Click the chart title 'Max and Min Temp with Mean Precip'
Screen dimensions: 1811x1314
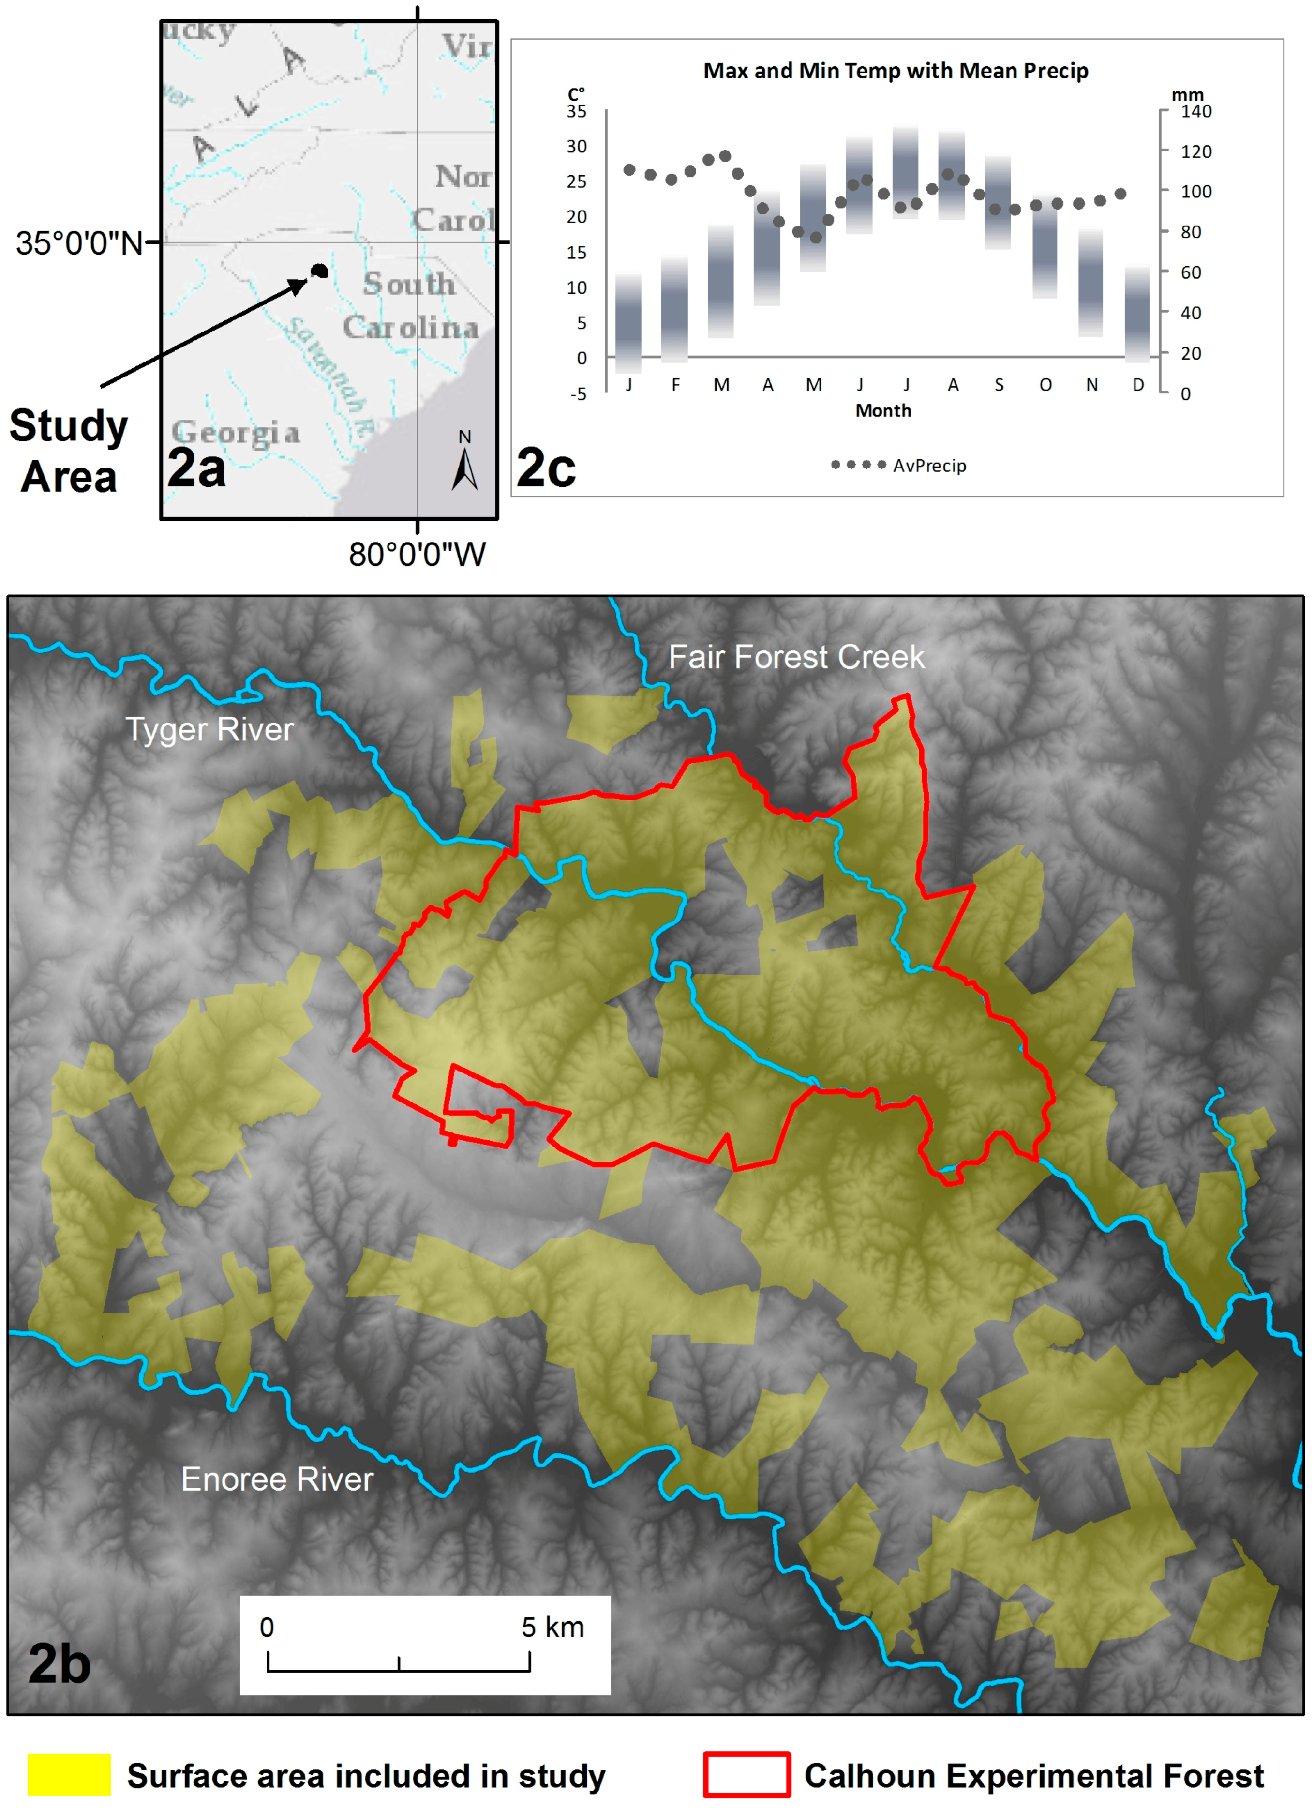tap(895, 71)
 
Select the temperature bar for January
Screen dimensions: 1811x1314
tap(628, 323)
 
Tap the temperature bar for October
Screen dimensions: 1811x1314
tap(1045, 247)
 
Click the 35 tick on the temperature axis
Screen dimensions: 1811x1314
tap(576, 112)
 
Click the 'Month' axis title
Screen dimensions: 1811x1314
tap(883, 410)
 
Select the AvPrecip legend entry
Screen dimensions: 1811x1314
tap(898, 466)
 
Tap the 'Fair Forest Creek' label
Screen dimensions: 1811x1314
tap(796, 657)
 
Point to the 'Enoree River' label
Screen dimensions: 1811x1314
tap(277, 1479)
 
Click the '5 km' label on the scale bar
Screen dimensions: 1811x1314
tap(552, 1628)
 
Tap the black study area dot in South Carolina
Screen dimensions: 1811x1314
tap(319, 271)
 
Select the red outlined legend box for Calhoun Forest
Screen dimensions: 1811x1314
tap(747, 1775)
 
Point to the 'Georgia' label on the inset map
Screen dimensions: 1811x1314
tap(236, 433)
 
